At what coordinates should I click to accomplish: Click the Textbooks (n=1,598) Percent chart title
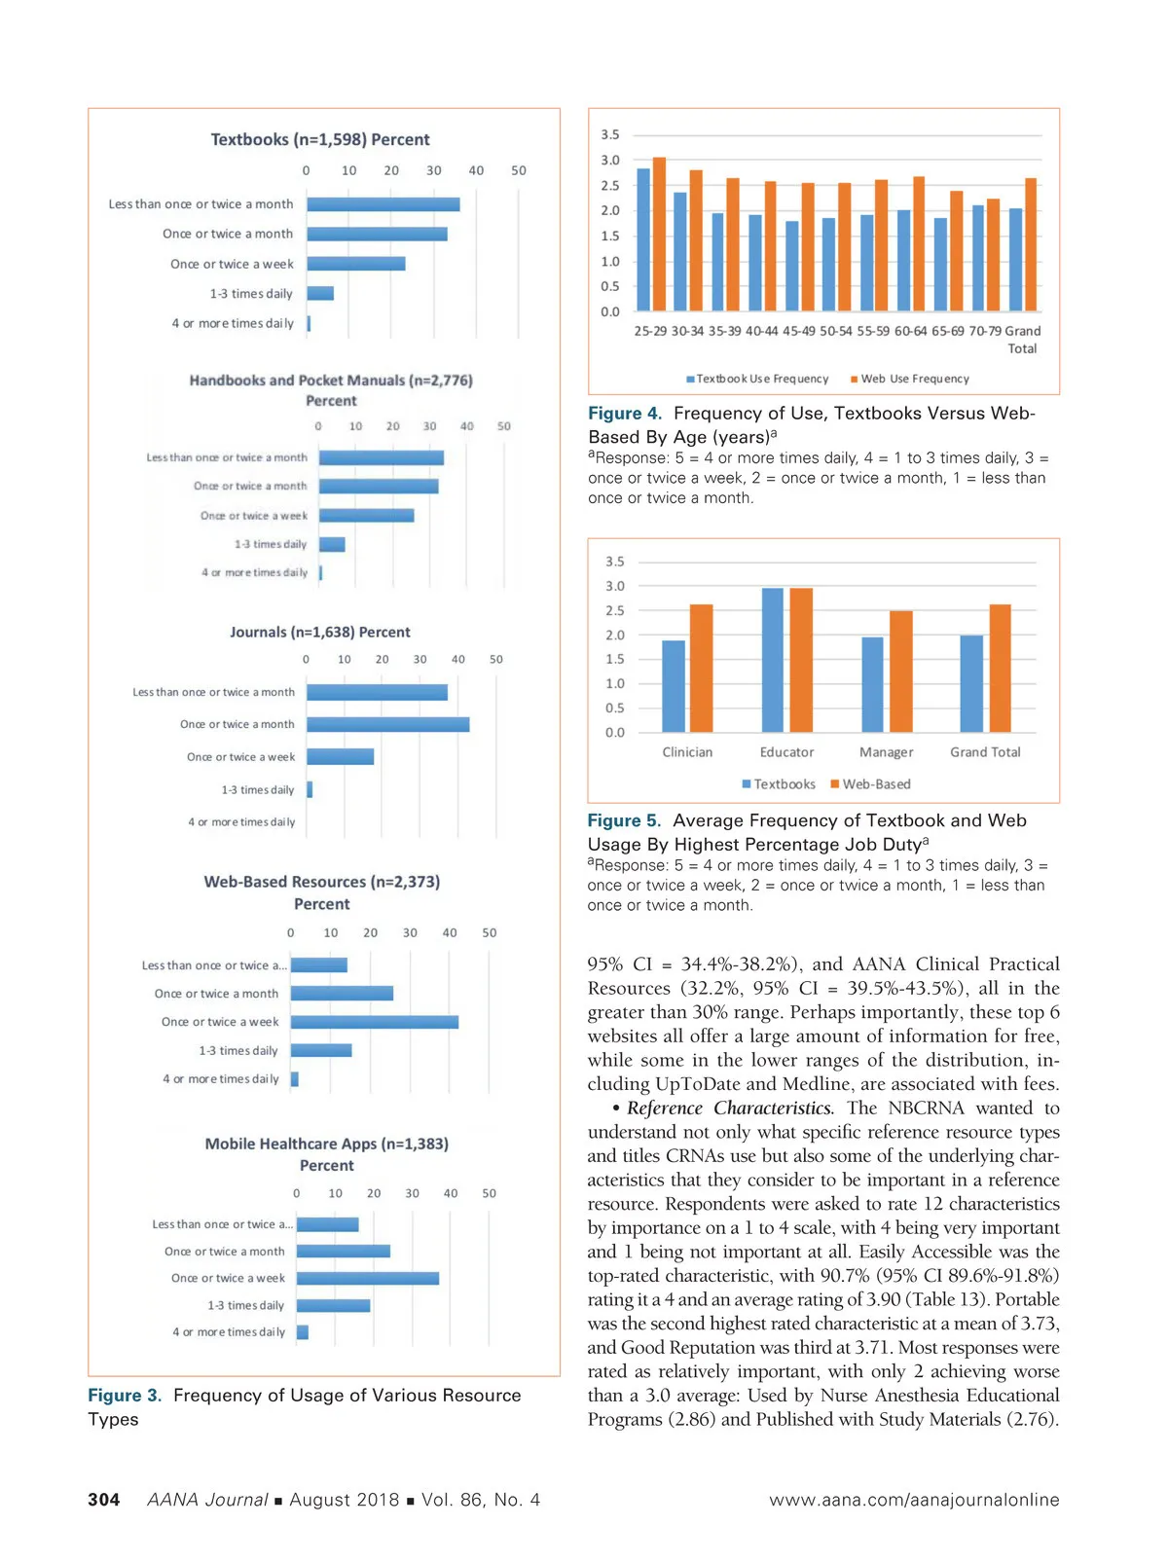(x=320, y=139)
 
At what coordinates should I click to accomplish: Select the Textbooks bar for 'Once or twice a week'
(x=356, y=264)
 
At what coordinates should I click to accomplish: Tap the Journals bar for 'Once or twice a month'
(x=388, y=724)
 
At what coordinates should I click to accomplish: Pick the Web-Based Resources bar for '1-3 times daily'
(x=321, y=1050)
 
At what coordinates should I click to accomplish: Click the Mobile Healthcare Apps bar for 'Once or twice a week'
(x=368, y=1278)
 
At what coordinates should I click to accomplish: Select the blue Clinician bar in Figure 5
(x=674, y=686)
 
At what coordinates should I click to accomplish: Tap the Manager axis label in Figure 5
(x=886, y=752)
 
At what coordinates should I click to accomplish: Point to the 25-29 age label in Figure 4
(x=650, y=331)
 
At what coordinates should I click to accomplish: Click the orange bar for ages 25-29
(x=659, y=234)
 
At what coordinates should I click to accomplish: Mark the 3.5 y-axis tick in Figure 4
(x=610, y=134)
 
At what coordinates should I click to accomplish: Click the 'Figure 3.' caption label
(x=125, y=1395)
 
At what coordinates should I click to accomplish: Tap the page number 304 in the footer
(x=104, y=1500)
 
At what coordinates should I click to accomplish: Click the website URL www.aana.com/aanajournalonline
(x=914, y=1500)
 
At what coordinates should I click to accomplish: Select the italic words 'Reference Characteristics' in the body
(x=730, y=1108)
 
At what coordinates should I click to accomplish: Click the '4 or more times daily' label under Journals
(x=241, y=822)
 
